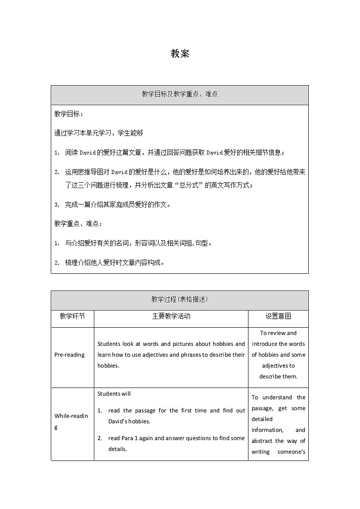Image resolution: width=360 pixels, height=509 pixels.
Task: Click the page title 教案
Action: click(180, 53)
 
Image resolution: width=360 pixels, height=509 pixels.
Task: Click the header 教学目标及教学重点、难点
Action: click(180, 94)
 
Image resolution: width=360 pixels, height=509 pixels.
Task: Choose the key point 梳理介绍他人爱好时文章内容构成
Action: click(114, 262)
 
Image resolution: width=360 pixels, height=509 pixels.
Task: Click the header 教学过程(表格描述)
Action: click(180, 300)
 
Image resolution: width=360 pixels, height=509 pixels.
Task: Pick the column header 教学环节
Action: click(72, 316)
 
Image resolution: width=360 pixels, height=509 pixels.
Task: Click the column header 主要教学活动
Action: click(171, 316)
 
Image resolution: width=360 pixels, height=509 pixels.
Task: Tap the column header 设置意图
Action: click(278, 316)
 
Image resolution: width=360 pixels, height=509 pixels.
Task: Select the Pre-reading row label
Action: click(69, 355)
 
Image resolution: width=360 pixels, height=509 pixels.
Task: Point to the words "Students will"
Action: click(114, 393)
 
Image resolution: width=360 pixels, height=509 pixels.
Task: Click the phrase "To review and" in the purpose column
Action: click(278, 333)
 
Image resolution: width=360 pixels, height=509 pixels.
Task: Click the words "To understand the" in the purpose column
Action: click(278, 398)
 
